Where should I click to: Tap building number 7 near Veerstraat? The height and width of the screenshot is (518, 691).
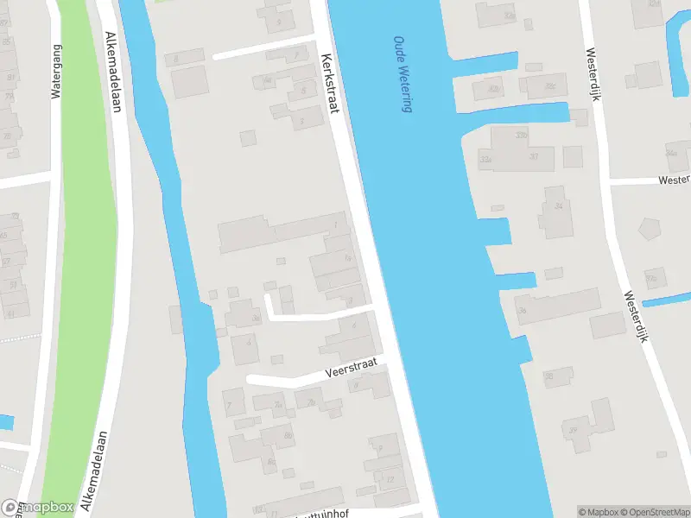(231, 403)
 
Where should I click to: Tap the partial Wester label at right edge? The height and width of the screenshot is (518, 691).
(674, 180)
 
